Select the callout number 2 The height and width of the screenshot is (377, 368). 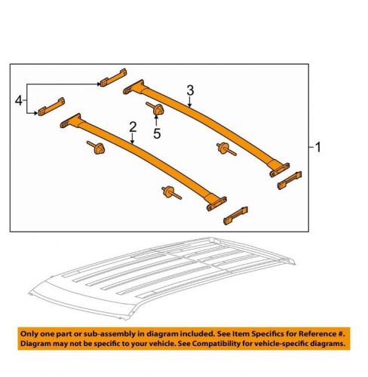pyautogui.click(x=132, y=127)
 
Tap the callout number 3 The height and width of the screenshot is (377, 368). pyautogui.click(x=190, y=90)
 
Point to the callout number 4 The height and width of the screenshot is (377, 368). pyautogui.click(x=18, y=98)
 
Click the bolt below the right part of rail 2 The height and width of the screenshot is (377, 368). pyautogui.click(x=167, y=194)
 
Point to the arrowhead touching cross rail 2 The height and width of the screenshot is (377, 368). pyautogui.click(x=130, y=141)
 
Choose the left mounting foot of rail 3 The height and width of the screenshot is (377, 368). pyautogui.click(x=134, y=84)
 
